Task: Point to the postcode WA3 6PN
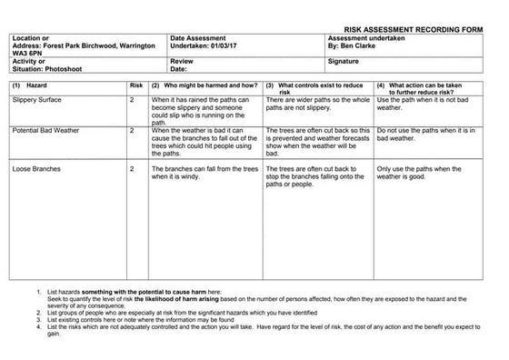point(29,53)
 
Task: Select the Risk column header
point(136,85)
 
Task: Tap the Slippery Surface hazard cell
point(38,99)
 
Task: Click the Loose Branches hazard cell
point(36,169)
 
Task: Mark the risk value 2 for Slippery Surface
point(133,99)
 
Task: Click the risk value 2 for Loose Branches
point(133,169)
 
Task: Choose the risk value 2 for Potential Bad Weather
point(133,131)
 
